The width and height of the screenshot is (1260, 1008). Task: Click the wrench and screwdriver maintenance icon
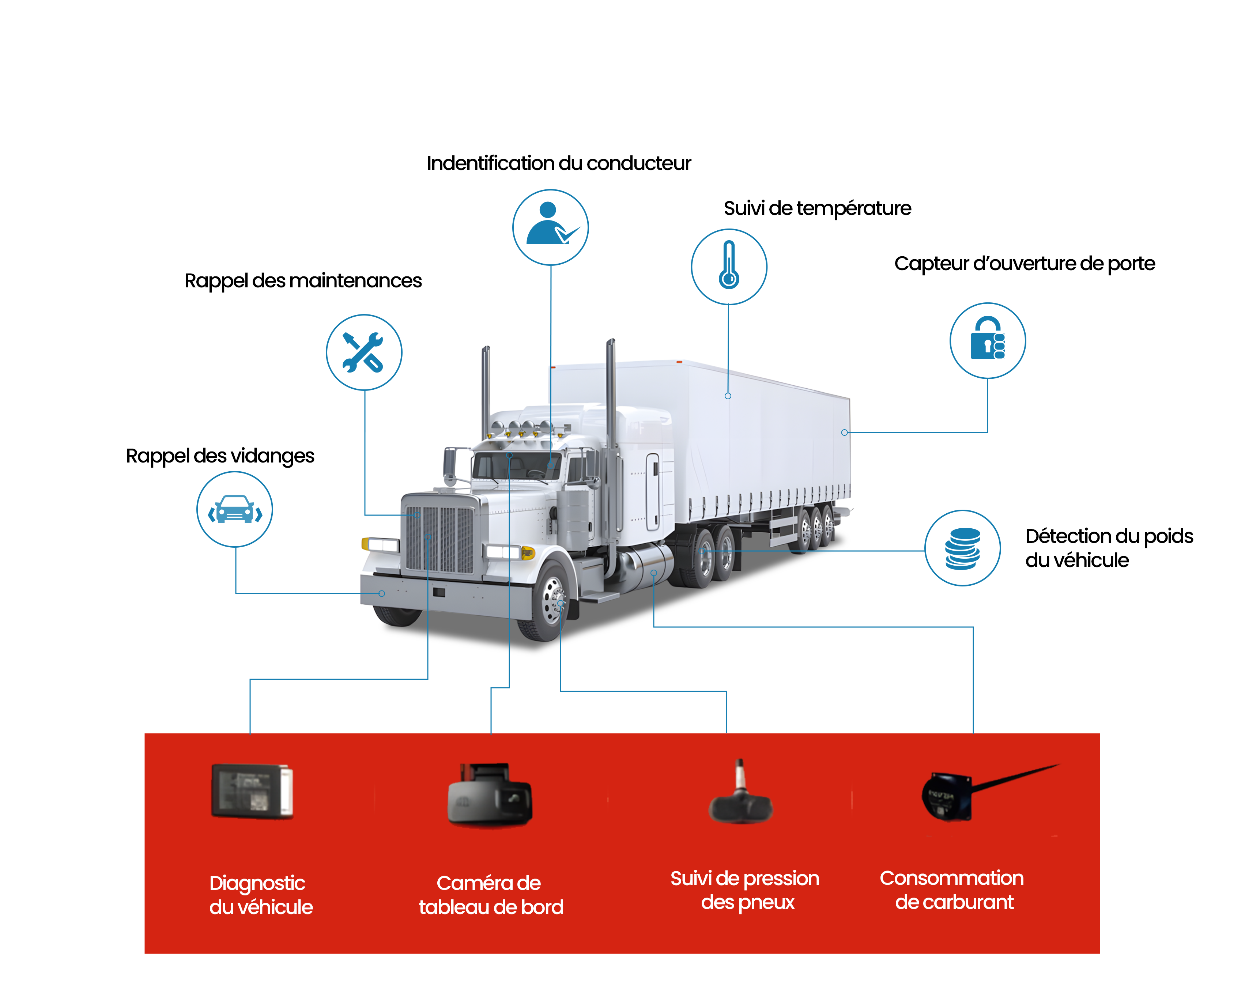pyautogui.click(x=363, y=352)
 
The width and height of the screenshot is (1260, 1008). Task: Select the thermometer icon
pyautogui.click(x=729, y=267)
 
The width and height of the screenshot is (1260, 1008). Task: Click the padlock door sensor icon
pyautogui.click(x=987, y=340)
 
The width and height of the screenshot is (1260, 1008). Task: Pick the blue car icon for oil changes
pyautogui.click(x=234, y=510)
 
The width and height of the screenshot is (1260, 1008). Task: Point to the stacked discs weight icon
pyautogui.click(x=962, y=548)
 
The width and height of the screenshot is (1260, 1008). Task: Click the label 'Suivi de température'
pyautogui.click(x=817, y=208)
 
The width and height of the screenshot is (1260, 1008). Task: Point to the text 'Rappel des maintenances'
pyautogui.click(x=303, y=280)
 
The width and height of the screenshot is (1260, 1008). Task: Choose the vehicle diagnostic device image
pyautogui.click(x=252, y=790)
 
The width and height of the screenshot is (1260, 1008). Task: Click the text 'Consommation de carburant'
pyautogui.click(x=951, y=890)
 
